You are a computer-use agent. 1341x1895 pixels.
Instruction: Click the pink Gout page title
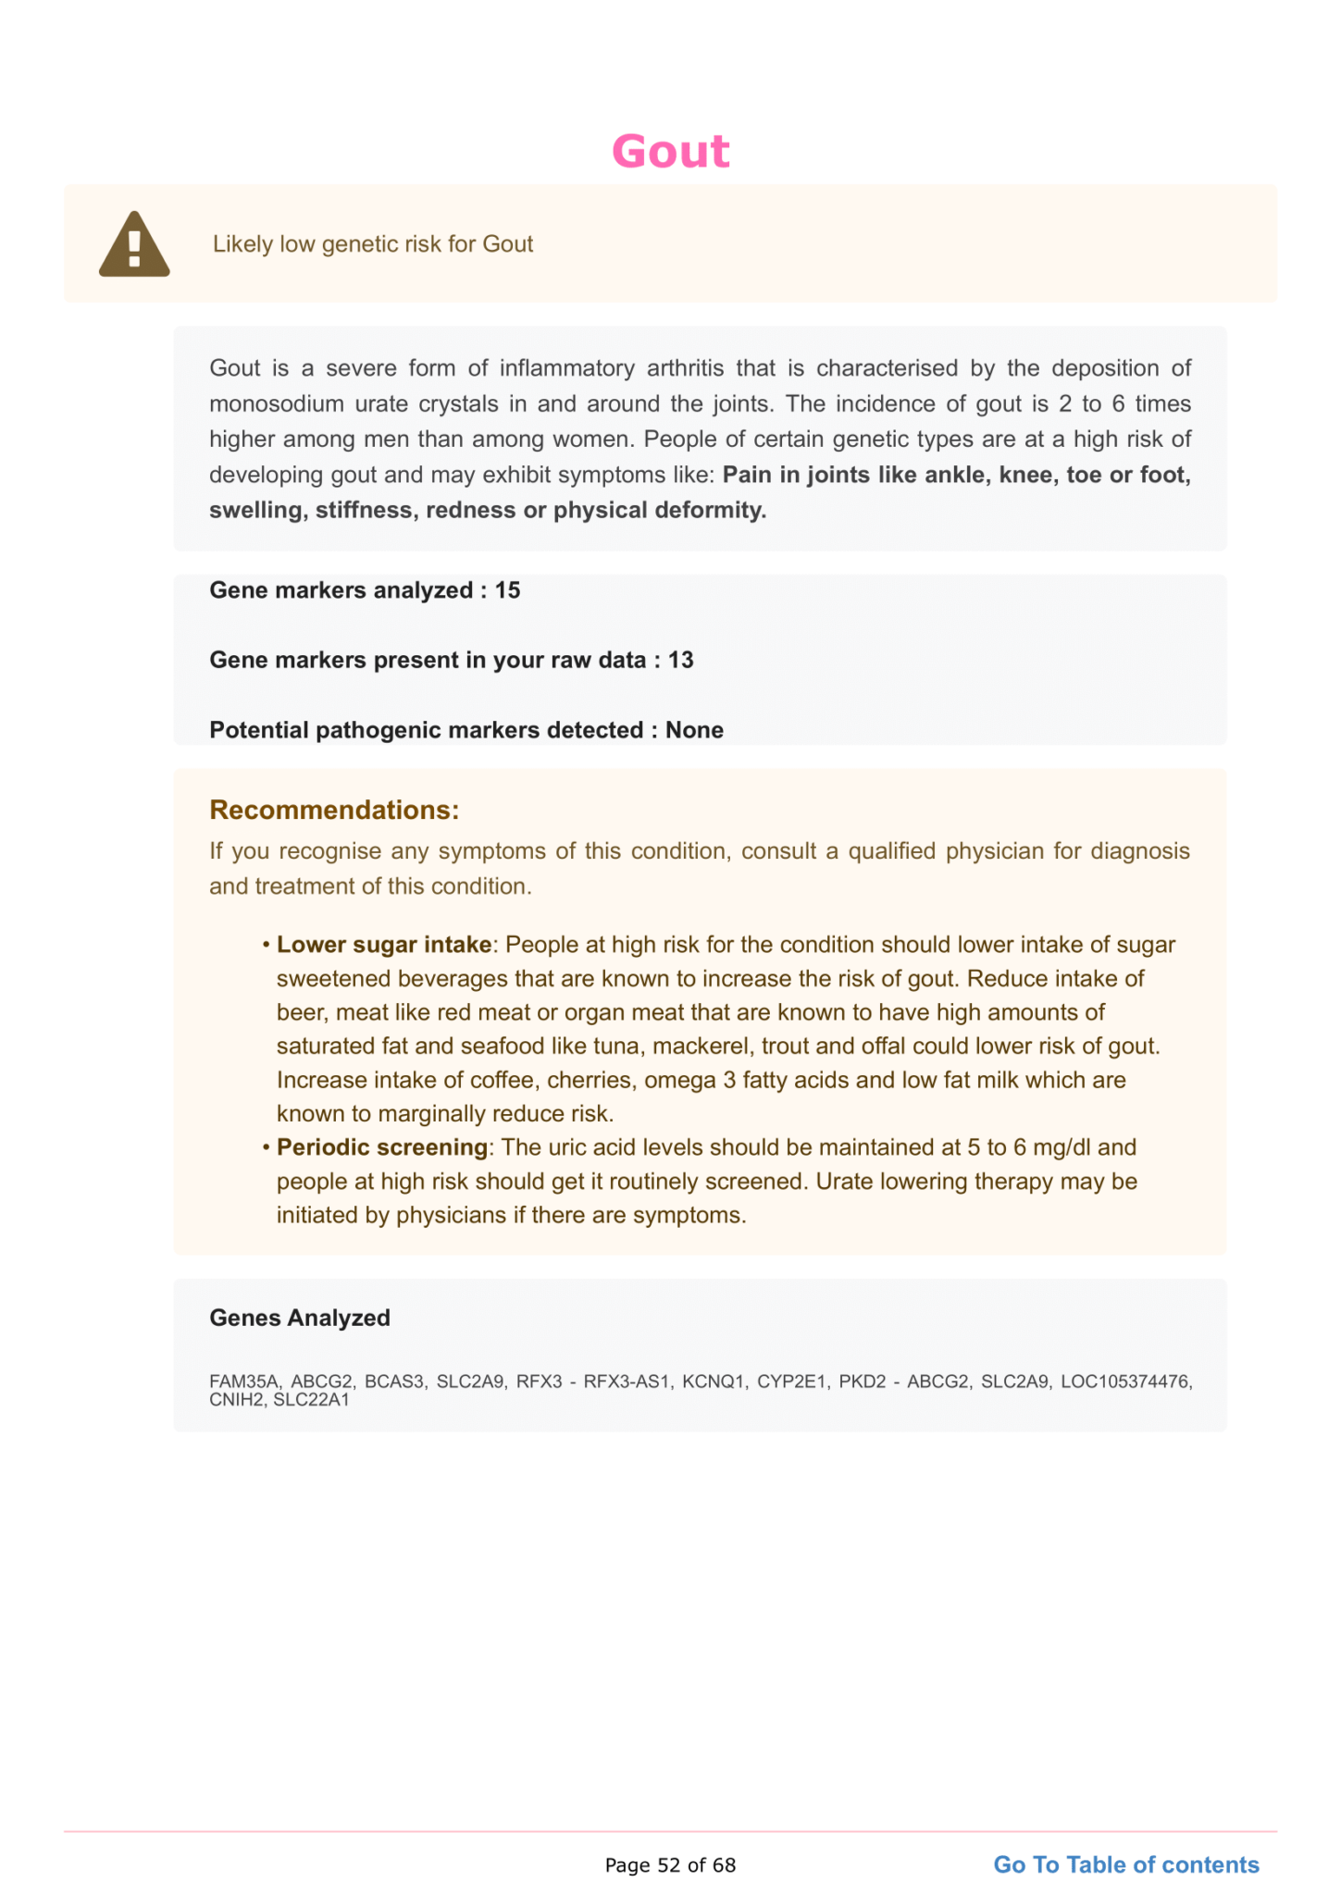pyautogui.click(x=670, y=152)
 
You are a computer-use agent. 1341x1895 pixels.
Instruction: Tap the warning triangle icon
pyautogui.click(x=134, y=245)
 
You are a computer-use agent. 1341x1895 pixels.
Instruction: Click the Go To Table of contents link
pyautogui.click(x=1125, y=1864)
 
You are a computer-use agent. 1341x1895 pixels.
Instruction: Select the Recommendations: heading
pyautogui.click(x=334, y=810)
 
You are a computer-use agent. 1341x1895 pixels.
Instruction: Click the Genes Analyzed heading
pyautogui.click(x=300, y=1318)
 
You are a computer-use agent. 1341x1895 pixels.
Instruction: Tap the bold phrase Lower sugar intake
pyautogui.click(x=384, y=945)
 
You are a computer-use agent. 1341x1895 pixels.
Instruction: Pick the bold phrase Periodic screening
pyautogui.click(x=382, y=1147)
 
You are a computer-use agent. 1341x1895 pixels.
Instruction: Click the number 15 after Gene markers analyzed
pyautogui.click(x=507, y=590)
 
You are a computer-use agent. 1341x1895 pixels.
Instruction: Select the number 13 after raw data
pyautogui.click(x=680, y=660)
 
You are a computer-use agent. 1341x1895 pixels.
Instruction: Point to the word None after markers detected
pyautogui.click(x=694, y=730)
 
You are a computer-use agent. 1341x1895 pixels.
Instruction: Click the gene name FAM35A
pyautogui.click(x=244, y=1381)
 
